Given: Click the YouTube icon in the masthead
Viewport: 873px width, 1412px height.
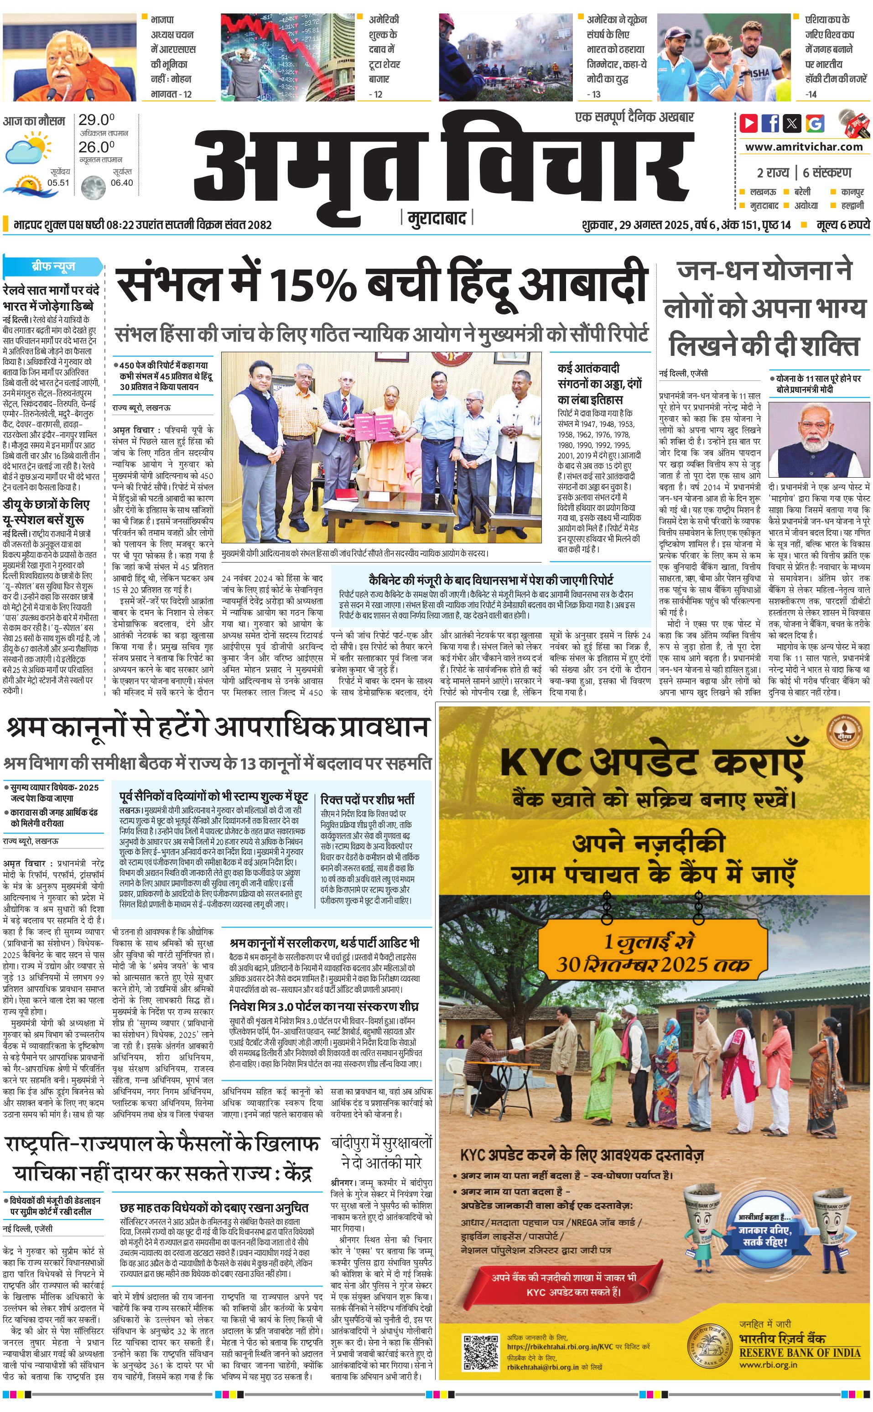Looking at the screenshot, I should point(748,123).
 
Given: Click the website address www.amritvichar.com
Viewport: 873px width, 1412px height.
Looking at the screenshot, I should point(804,147).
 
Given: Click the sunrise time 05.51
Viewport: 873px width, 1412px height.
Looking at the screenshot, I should point(58,182).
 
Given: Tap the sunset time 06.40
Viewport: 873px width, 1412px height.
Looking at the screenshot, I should point(122,182).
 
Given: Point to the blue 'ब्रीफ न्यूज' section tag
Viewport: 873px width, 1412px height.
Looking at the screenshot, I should point(53,267).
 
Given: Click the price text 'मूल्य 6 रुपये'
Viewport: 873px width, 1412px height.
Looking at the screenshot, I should point(842,224).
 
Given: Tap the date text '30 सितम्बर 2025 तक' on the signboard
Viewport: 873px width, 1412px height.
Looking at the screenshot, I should point(653,964).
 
